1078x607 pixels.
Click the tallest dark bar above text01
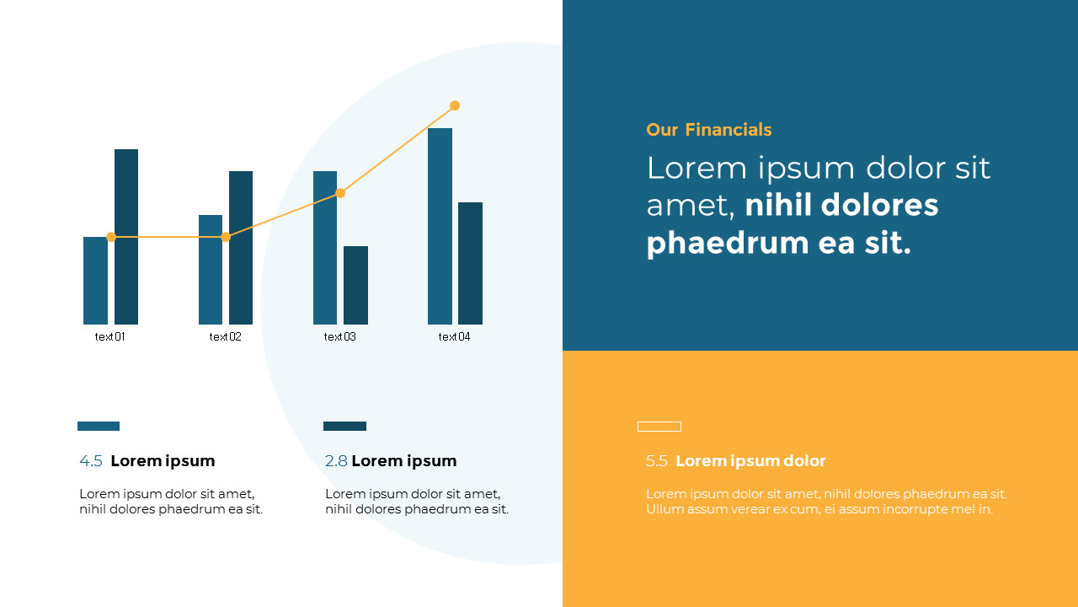click(x=126, y=237)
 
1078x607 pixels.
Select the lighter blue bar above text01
click(x=95, y=281)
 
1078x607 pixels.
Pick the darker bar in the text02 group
click(x=241, y=248)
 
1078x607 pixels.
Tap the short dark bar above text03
click(x=355, y=285)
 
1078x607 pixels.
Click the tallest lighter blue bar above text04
click(x=440, y=226)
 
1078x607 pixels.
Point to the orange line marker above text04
click(x=455, y=105)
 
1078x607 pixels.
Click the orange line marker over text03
click(x=340, y=193)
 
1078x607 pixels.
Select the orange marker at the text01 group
click(x=111, y=237)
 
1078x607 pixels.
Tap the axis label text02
click(x=225, y=336)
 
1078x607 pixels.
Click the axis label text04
click(x=454, y=336)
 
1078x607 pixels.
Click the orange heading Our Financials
click(x=709, y=130)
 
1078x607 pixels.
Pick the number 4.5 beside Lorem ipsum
click(x=91, y=461)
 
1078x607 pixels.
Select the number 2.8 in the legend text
click(x=336, y=461)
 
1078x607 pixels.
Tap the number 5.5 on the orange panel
click(x=656, y=461)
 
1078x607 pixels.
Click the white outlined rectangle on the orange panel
click(x=659, y=422)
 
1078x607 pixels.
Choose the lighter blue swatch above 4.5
click(x=99, y=426)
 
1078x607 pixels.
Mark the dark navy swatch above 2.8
click(x=344, y=426)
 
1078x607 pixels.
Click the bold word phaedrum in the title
click(x=728, y=244)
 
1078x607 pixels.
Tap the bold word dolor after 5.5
click(x=804, y=461)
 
